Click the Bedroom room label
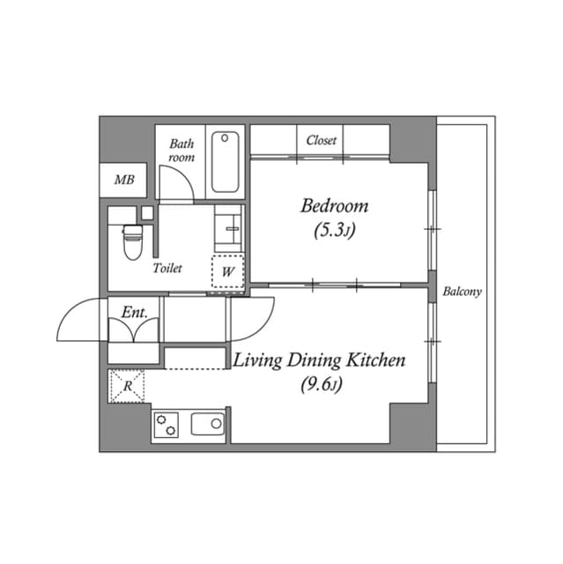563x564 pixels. coord(334,206)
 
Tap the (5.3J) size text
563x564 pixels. coord(334,230)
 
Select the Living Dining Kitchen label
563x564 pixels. coord(319,360)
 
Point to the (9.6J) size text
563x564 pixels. coord(322,384)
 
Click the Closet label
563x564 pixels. coord(322,140)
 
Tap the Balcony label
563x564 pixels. coord(462,292)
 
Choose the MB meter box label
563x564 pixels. coord(124,180)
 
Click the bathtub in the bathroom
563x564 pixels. coord(225,162)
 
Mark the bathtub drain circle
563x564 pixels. coord(225,138)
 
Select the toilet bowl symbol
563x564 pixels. coord(133,241)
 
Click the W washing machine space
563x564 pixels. coord(228,271)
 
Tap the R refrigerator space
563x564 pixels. coord(127,386)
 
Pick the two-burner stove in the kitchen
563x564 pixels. coord(167,425)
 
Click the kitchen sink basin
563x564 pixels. coord(208,424)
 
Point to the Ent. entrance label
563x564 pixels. coord(135,312)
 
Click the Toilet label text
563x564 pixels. coord(167,268)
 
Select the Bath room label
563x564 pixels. coord(181,151)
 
